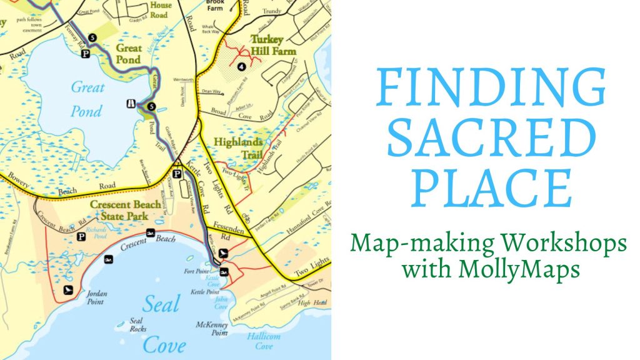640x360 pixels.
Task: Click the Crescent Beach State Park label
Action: tap(119, 210)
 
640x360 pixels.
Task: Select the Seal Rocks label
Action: tap(137, 325)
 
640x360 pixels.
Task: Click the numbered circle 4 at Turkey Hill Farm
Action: tap(241, 67)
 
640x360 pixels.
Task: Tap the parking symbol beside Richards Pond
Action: tap(81, 237)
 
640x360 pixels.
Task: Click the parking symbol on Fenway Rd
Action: tap(86, 54)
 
